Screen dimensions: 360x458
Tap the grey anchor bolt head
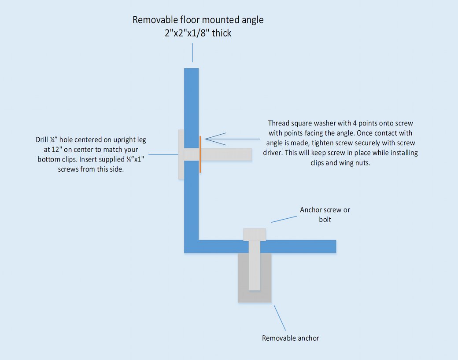pos(255,234)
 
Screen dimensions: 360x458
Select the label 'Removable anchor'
pos(290,338)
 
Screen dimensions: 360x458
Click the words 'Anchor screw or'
pos(325,210)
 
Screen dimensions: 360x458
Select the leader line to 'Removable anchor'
pos(280,318)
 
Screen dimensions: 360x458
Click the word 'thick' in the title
pos(222,33)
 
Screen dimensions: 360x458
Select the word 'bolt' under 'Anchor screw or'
pos(325,219)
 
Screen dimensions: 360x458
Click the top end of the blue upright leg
pos(192,70)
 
